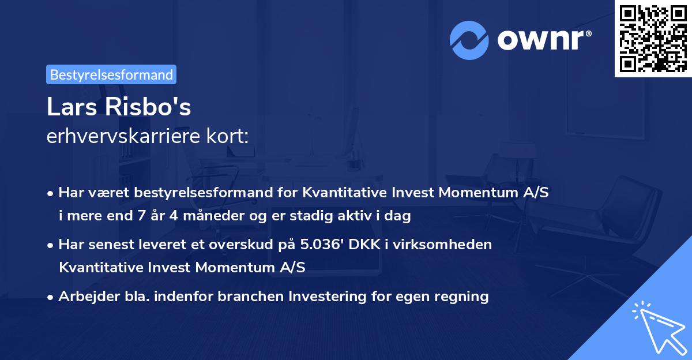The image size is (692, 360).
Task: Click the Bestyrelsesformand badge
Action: point(111,74)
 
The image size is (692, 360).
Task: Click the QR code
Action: point(653,38)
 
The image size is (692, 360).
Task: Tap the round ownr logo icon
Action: point(468,40)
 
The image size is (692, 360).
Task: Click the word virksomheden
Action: point(452,244)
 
